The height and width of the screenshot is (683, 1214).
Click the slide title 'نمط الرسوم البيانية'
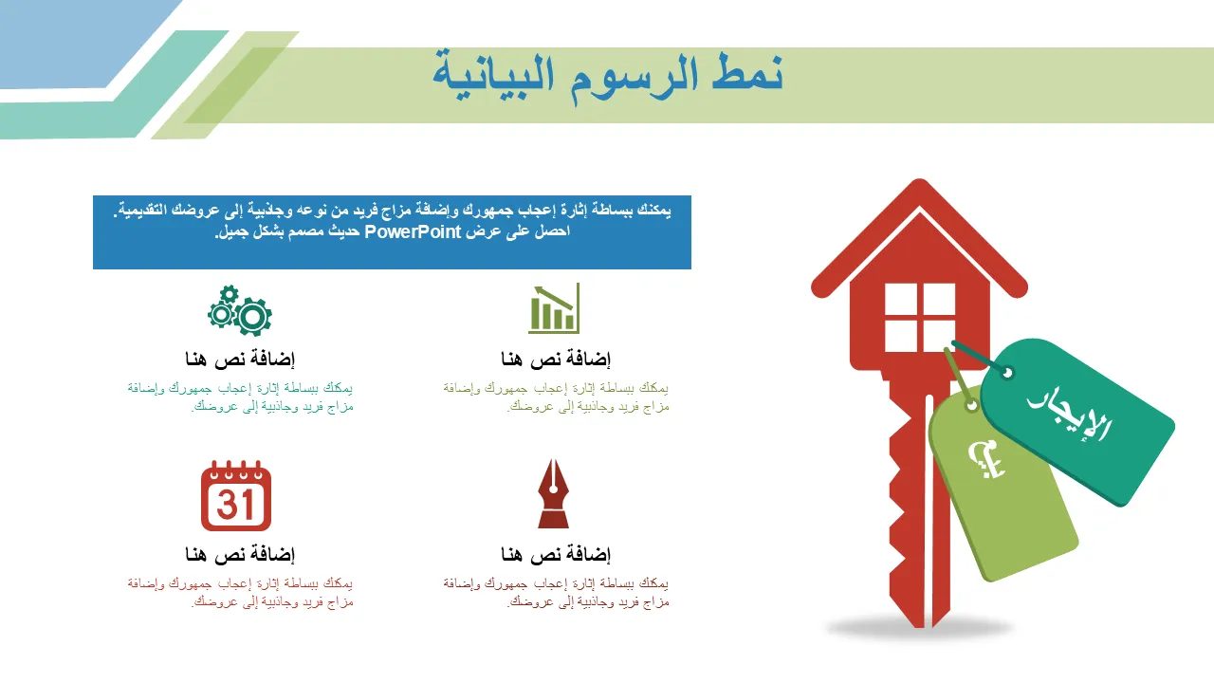(608, 76)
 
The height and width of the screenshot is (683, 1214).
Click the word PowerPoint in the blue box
(413, 232)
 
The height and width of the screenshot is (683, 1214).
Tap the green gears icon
(240, 310)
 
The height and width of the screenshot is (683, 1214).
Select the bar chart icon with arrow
(554, 308)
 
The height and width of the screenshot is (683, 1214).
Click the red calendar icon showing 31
(236, 495)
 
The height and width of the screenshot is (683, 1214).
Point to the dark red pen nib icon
(553, 493)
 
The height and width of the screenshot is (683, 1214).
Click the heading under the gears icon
(240, 359)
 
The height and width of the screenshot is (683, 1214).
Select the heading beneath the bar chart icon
(556, 359)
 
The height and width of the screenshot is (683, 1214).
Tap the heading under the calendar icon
(240, 554)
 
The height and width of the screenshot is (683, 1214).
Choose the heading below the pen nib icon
(556, 554)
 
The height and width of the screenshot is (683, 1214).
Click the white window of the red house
(920, 317)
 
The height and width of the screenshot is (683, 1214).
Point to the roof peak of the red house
(919, 180)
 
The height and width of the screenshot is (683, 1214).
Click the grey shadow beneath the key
(919, 629)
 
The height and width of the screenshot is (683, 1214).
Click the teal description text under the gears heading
(240, 397)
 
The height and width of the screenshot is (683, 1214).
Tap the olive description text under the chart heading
(556, 397)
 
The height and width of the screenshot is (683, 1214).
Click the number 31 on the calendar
(235, 505)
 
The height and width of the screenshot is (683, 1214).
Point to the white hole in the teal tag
(1007, 373)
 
